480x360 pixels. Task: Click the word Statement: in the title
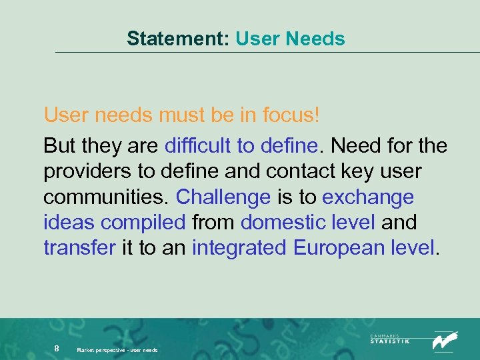pos(178,39)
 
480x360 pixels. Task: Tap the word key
pos(357,172)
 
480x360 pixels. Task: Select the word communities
pos(107,198)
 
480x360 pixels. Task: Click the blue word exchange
pos(368,198)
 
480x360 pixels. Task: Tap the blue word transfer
pos(79,249)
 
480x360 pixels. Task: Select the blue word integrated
pos(239,249)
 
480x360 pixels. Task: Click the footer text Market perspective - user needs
pos(117,349)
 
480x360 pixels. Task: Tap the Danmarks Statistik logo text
pos(390,339)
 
